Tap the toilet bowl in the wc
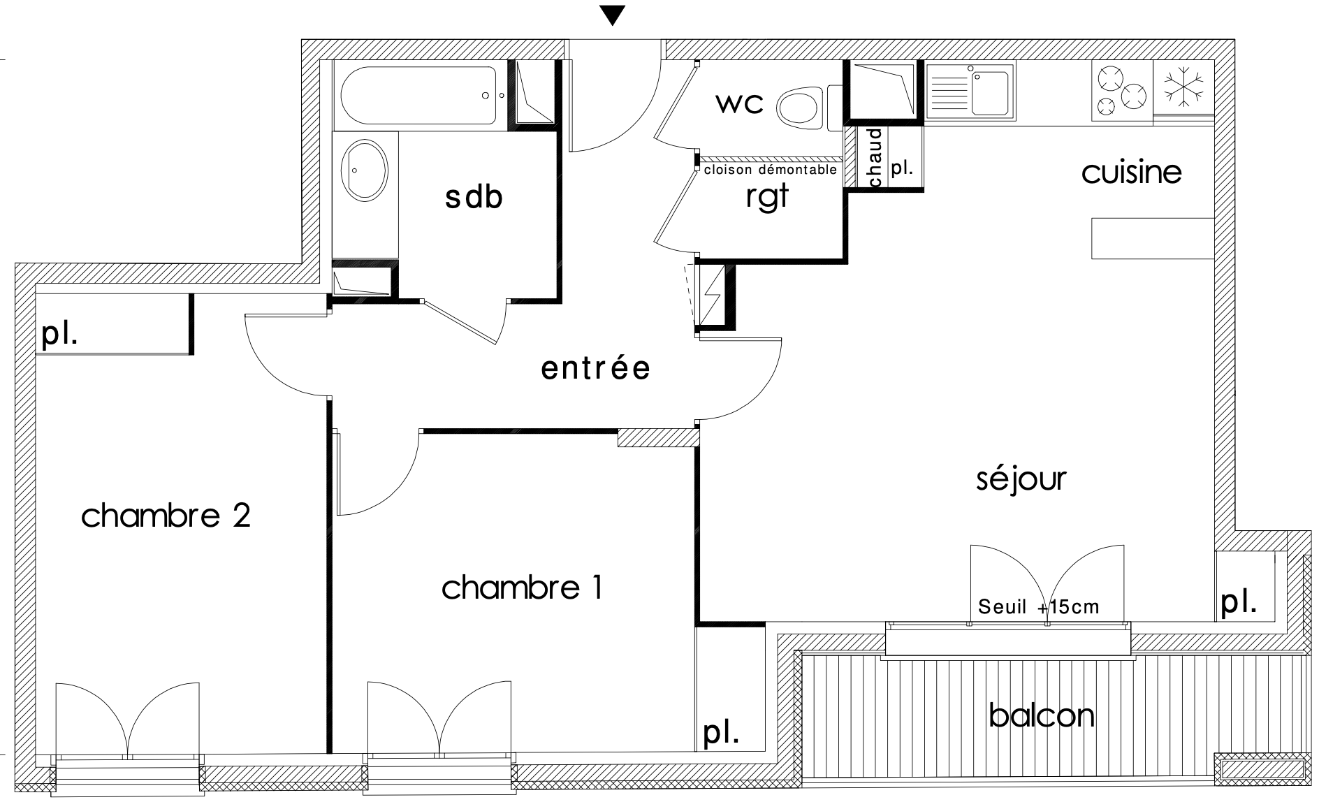click(x=801, y=108)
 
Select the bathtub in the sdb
click(x=420, y=96)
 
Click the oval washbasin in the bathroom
click(x=365, y=171)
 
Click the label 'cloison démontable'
click(x=770, y=170)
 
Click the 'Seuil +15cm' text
click(x=1038, y=606)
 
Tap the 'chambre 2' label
click(x=166, y=516)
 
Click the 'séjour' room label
click(x=1021, y=479)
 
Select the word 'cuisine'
click(x=1131, y=171)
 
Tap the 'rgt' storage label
click(x=767, y=196)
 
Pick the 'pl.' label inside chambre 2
click(x=59, y=335)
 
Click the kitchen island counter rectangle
click(x=1153, y=238)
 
